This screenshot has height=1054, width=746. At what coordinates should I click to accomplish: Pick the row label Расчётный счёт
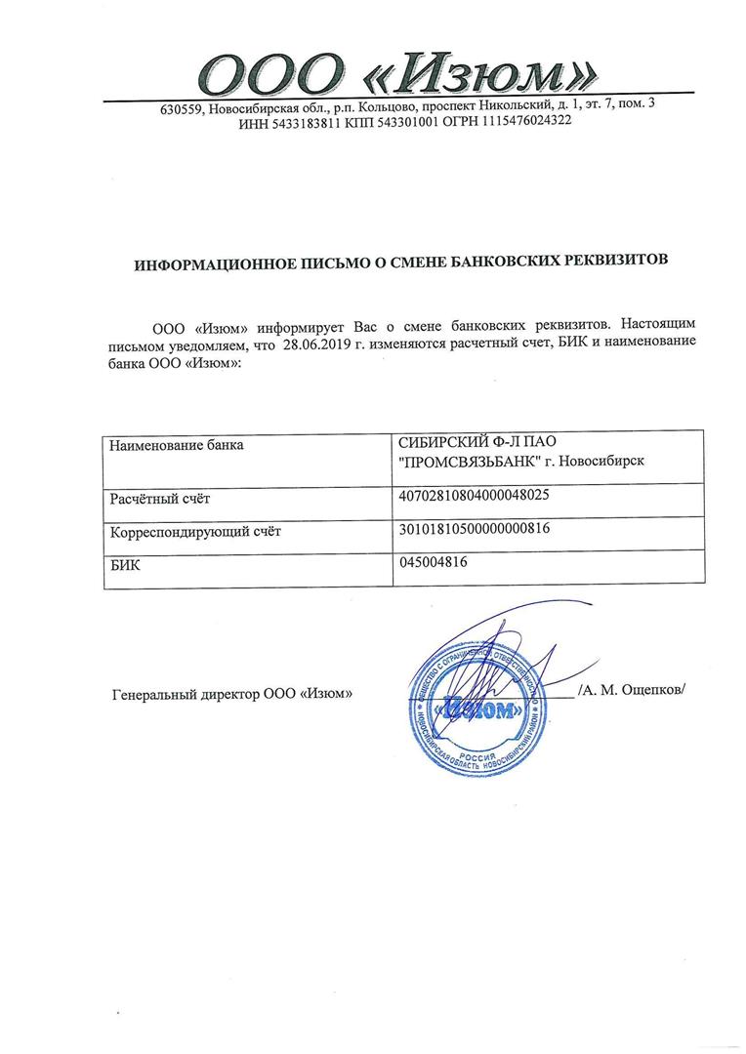[160, 500]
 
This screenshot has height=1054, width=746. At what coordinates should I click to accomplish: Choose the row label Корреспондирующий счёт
[195, 532]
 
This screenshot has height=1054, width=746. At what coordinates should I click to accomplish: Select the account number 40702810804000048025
[475, 495]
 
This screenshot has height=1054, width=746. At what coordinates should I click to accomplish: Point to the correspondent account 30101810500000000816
[475, 529]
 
